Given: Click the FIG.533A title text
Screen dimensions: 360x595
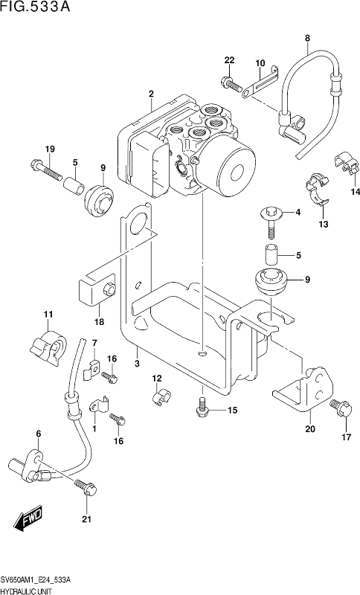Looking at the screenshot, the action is click(35, 7).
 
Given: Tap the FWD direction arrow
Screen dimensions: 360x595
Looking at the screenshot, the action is click(28, 518).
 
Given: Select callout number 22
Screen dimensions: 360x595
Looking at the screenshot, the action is click(230, 60).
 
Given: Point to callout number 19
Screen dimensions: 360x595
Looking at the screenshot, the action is click(50, 149).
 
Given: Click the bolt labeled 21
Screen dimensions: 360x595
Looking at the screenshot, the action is click(86, 487).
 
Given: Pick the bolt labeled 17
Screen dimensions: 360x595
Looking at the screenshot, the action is click(340, 408).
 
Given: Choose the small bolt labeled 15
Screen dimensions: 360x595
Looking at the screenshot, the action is click(202, 405).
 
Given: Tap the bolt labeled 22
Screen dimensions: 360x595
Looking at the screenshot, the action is click(231, 84).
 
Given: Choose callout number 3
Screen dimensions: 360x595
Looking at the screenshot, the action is click(137, 363).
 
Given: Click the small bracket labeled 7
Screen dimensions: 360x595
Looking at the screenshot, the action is click(91, 370).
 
